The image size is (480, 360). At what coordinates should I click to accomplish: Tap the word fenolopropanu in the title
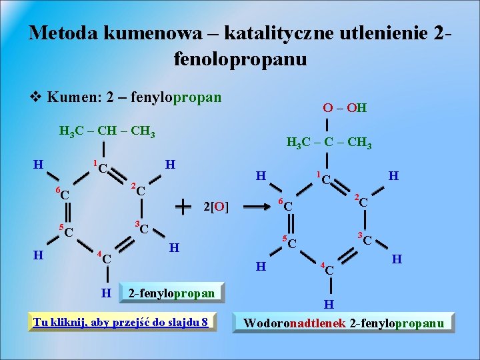tap(240, 59)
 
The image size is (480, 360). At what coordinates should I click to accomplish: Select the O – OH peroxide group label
tap(345, 108)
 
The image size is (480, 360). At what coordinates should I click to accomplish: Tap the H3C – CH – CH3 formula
tap(107, 130)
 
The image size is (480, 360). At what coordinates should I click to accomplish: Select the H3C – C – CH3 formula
tap(329, 143)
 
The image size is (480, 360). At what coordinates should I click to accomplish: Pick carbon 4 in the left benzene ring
tap(105, 257)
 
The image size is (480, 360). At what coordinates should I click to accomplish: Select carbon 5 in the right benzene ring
tap(291, 243)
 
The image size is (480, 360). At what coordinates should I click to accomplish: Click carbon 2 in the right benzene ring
tap(363, 201)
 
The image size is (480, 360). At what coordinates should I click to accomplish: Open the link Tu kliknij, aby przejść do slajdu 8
tap(121, 323)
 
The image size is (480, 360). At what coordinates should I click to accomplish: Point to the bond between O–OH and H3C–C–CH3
tap(329, 126)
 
